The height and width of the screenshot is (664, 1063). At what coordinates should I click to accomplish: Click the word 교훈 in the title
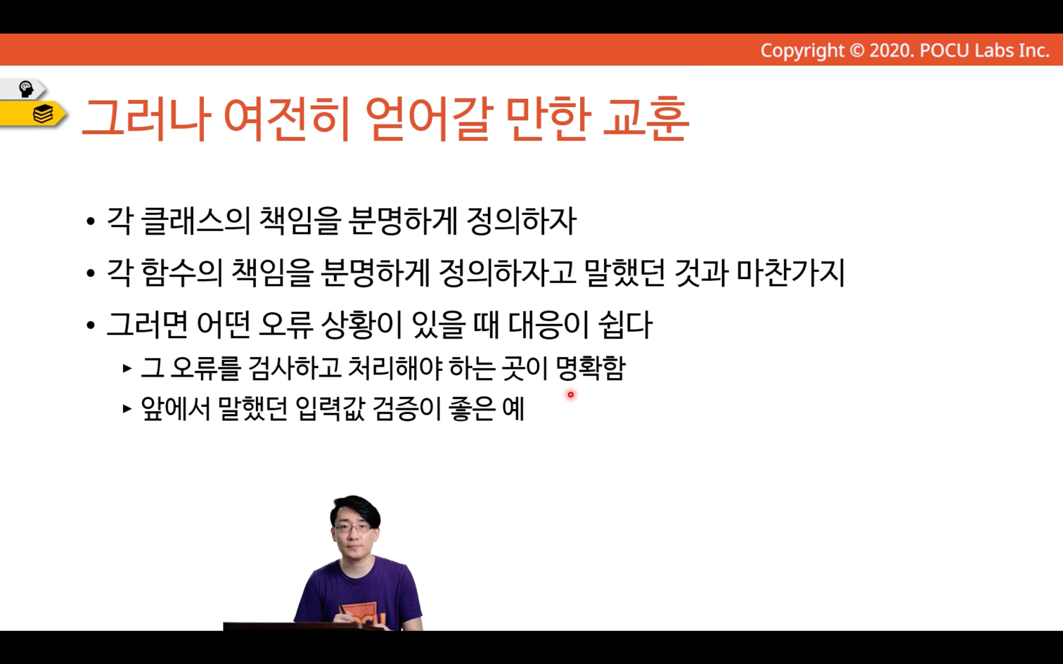click(646, 119)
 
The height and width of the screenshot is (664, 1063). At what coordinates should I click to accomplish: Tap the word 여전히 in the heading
click(287, 119)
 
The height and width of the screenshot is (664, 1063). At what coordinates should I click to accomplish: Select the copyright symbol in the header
click(856, 51)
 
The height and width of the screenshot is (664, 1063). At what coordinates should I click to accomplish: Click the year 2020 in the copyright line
click(892, 51)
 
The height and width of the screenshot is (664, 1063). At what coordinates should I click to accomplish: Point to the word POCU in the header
click(944, 51)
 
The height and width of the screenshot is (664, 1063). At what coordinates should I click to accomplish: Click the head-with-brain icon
click(25, 89)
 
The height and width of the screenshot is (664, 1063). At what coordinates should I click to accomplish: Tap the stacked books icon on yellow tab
click(43, 114)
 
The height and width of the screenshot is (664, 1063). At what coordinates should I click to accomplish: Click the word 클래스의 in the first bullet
click(196, 221)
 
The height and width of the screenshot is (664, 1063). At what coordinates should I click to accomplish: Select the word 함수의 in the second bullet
click(182, 273)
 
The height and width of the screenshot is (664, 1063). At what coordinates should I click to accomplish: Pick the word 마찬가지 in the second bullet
click(791, 273)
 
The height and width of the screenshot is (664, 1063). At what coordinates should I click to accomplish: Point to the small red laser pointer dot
click(570, 394)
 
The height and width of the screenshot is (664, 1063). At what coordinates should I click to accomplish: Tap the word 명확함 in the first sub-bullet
click(591, 368)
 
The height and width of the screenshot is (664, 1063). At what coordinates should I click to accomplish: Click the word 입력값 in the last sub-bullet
click(330, 409)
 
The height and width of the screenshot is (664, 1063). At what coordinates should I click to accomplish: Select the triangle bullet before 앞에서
click(127, 409)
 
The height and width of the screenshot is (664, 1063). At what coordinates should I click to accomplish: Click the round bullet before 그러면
click(91, 326)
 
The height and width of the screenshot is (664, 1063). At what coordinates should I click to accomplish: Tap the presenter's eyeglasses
click(352, 528)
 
